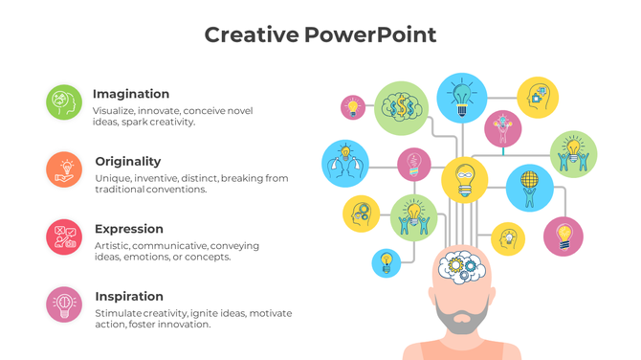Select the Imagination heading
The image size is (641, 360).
pyautogui.click(x=131, y=94)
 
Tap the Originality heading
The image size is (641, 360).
pyautogui.click(x=128, y=161)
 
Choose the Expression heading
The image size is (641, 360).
pyautogui.click(x=129, y=229)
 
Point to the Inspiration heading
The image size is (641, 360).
pyautogui.click(x=129, y=296)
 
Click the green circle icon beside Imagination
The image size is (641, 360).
pyautogui.click(x=64, y=102)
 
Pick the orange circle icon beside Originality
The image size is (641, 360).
pyautogui.click(x=64, y=169)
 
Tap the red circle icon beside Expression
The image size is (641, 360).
pyautogui.click(x=64, y=236)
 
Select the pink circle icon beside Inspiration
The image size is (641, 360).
pyautogui.click(x=64, y=304)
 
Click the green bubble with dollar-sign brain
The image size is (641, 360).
pyautogui.click(x=400, y=106)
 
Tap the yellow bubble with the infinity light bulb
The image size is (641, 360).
pyautogui.click(x=464, y=178)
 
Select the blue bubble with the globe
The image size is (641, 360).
pyautogui.click(x=529, y=186)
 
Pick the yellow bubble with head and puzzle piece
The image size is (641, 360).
pyautogui.click(x=538, y=97)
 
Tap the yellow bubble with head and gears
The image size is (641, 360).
pyautogui.click(x=362, y=213)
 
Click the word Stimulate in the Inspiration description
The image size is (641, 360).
pyautogui.click(x=120, y=313)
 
